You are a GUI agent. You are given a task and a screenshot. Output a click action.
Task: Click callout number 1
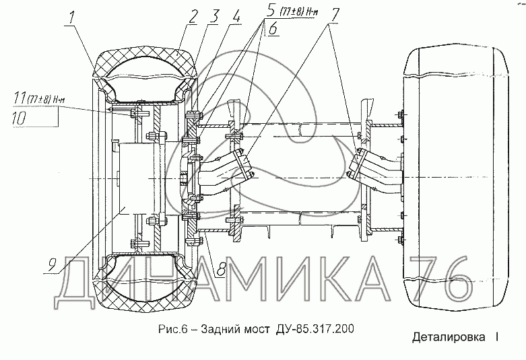click(71, 17)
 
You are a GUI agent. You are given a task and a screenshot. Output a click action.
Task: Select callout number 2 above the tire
click(193, 17)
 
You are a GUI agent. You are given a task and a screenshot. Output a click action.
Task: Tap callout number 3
click(213, 16)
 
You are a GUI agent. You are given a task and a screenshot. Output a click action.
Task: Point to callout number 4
click(236, 15)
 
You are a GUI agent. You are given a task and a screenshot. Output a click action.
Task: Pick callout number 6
click(273, 28)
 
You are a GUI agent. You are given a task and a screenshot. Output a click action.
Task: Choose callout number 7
click(334, 15)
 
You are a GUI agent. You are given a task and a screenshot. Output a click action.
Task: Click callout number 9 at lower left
click(52, 266)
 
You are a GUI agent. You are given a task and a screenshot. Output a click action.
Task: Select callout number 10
click(19, 118)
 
